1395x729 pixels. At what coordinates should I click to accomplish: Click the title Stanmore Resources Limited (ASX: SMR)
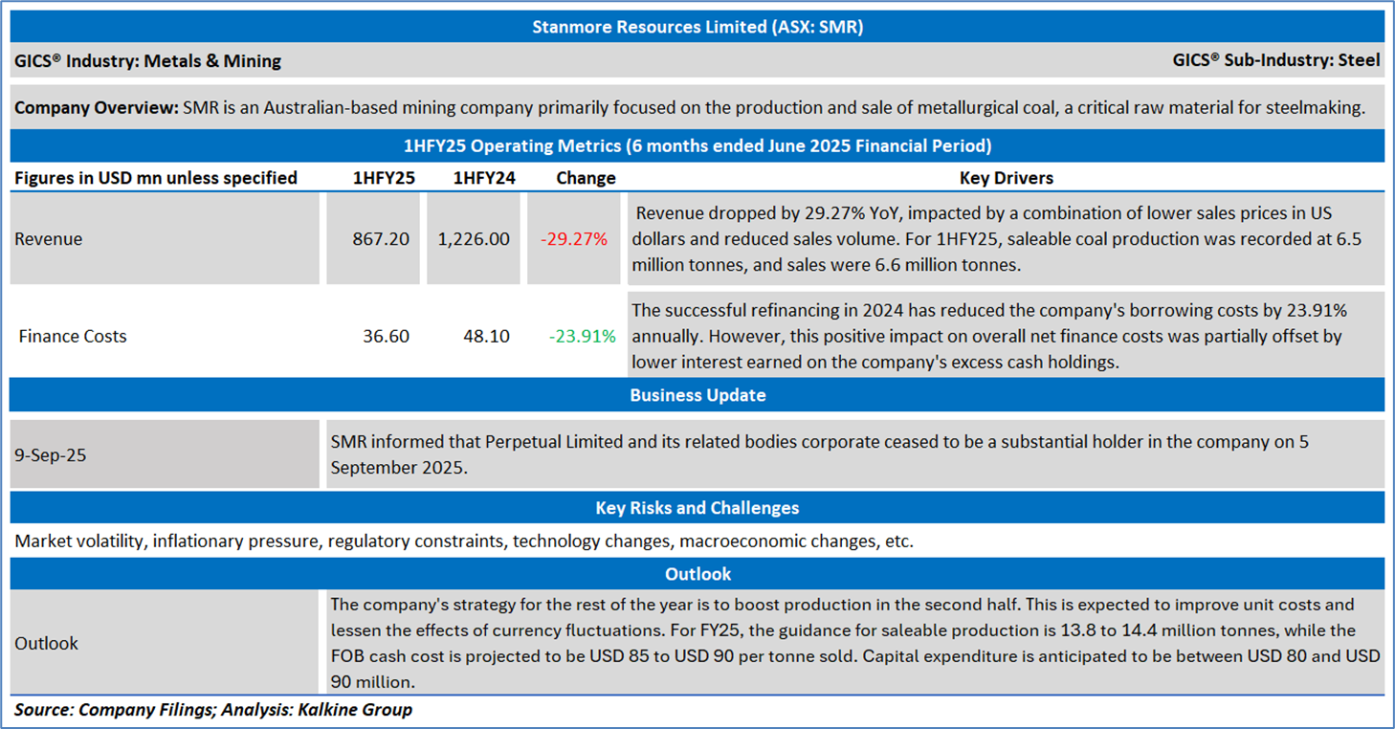click(x=697, y=27)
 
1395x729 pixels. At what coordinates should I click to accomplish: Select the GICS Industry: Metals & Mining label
click(x=147, y=61)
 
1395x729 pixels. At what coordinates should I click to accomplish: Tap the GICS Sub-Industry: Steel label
click(x=1275, y=60)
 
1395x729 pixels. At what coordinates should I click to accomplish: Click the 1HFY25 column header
click(x=384, y=178)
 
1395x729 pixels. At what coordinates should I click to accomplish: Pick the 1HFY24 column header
click(x=484, y=178)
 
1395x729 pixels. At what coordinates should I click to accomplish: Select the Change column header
click(x=586, y=178)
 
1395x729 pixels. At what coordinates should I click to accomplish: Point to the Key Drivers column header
click(x=1006, y=178)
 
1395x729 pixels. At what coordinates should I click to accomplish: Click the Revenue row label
click(x=49, y=239)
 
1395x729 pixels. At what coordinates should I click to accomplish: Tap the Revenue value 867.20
click(x=381, y=239)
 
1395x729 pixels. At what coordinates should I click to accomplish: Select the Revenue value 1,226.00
click(x=474, y=239)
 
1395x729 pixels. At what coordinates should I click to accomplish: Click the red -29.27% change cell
click(x=574, y=239)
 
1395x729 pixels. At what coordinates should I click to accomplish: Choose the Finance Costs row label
click(x=73, y=336)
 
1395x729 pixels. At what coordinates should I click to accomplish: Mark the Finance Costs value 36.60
click(x=387, y=336)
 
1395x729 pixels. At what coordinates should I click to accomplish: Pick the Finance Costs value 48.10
click(x=486, y=336)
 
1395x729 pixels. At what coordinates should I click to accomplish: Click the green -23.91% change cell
click(x=583, y=336)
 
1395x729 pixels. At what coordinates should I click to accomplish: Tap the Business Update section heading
click(x=697, y=395)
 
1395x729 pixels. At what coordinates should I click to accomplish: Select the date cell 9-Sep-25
click(x=51, y=455)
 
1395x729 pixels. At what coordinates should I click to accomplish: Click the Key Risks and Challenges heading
click(x=697, y=508)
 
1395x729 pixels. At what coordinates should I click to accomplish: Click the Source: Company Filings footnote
click(x=213, y=709)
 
